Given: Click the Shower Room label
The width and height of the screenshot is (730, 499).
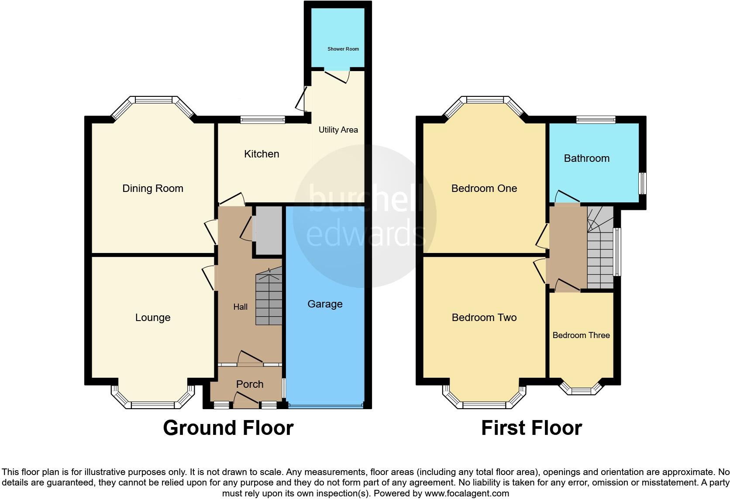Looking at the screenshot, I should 343,49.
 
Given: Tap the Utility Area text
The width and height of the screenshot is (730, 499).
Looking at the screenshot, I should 338,130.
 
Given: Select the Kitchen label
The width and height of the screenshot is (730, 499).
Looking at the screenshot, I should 262,154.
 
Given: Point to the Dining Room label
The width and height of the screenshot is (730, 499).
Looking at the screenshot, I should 153,188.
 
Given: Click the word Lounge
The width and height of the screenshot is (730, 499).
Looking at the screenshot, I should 153,318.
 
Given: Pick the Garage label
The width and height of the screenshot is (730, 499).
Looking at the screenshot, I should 325,304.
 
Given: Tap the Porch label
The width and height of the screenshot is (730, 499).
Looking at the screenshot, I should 250,384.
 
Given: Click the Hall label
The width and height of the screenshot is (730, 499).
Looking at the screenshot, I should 240,307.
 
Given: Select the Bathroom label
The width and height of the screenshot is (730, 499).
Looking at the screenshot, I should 586,158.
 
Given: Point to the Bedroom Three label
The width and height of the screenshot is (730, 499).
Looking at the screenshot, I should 581,335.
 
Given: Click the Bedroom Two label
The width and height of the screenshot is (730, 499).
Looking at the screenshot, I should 484,318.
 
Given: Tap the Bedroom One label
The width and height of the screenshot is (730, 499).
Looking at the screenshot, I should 484,188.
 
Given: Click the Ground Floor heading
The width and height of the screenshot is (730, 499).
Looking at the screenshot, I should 228,428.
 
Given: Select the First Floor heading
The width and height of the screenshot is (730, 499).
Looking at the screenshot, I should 531,428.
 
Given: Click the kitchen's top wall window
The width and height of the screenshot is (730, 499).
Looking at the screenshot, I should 263,119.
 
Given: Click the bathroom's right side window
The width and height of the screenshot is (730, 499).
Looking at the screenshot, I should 643,183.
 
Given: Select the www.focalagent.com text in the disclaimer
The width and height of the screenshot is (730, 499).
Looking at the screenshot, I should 467,494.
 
